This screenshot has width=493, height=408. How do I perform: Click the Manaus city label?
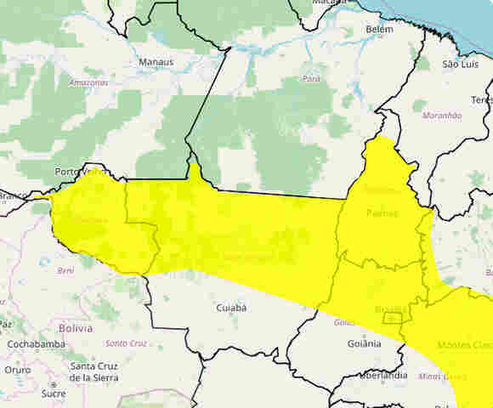156,62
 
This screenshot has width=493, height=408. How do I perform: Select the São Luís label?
461,64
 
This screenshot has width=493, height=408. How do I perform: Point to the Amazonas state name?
88,82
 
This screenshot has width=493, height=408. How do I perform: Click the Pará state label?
311,78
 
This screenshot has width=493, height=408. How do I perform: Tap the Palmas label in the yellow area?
382,212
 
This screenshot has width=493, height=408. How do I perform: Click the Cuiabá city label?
231,308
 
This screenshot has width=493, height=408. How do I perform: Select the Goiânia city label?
364,343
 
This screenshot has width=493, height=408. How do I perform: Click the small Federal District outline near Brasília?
392,318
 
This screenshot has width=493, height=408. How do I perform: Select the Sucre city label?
53,394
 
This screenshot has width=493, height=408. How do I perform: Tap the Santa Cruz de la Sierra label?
94,371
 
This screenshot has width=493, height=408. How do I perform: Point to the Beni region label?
65,270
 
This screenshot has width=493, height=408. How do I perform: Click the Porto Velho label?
79,172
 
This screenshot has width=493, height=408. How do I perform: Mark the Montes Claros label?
464,345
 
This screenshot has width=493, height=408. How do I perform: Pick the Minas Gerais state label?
442,376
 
